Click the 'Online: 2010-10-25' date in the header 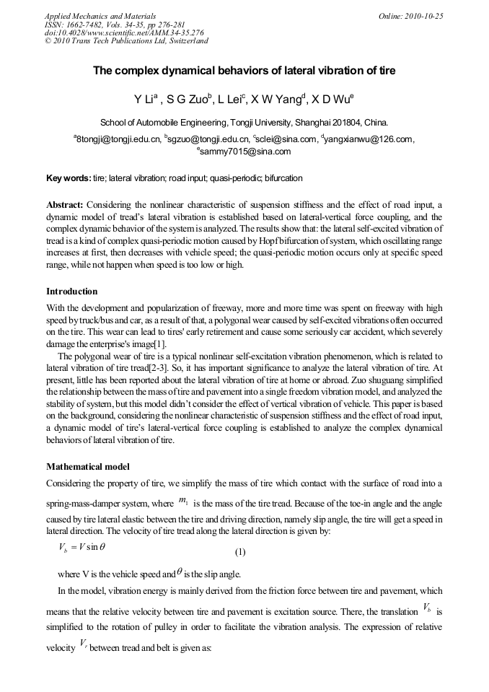(410, 16)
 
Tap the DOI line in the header (124, 32)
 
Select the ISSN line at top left (115, 25)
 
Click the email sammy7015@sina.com (245, 152)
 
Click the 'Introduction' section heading (71, 292)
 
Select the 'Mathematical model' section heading (88, 466)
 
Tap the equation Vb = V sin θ (81, 547)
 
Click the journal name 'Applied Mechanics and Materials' (100, 16)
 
